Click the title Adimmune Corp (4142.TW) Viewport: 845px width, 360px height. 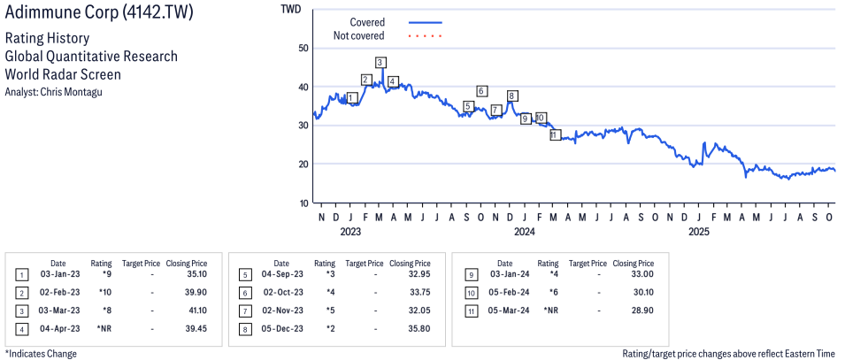coord(99,13)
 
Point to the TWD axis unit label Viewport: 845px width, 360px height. coord(290,10)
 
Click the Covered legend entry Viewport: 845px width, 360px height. coord(366,22)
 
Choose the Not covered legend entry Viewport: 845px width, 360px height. coord(358,35)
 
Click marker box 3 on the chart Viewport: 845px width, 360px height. coord(380,63)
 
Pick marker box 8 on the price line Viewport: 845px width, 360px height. coord(511,96)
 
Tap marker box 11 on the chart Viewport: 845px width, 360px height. coord(555,135)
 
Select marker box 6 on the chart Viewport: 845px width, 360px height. coord(481,91)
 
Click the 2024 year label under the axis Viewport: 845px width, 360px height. coord(525,233)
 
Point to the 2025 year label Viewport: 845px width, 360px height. coord(699,233)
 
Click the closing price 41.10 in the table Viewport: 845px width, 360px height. coord(191,310)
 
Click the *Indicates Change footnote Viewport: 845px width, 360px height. coord(41,354)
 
